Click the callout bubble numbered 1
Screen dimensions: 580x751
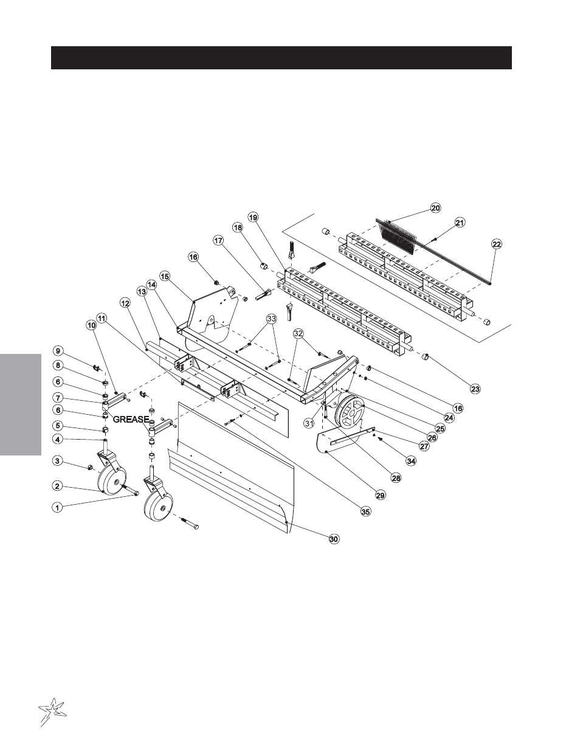[57, 508]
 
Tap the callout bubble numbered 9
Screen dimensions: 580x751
[58, 351]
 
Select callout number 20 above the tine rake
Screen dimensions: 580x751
[435, 208]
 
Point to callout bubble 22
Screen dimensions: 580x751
[496, 244]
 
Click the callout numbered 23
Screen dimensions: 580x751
[475, 389]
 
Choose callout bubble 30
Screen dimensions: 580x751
[334, 539]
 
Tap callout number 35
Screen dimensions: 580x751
[366, 511]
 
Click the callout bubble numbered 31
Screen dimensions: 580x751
[309, 423]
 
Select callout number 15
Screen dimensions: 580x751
[164, 276]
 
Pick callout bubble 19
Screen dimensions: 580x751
[253, 217]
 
